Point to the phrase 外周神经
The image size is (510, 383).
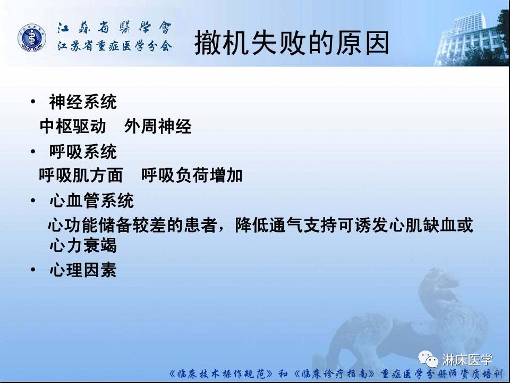(x=158, y=127)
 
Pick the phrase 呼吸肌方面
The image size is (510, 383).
(x=81, y=175)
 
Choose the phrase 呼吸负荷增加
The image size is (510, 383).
(x=192, y=175)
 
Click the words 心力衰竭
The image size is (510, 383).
(x=82, y=246)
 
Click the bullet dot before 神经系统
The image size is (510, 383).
(x=33, y=101)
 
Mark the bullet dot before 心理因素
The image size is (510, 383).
(x=33, y=270)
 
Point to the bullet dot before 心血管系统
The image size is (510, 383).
(x=33, y=201)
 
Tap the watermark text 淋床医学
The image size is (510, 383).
(x=467, y=360)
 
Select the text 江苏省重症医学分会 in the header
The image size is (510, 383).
(x=115, y=46)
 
